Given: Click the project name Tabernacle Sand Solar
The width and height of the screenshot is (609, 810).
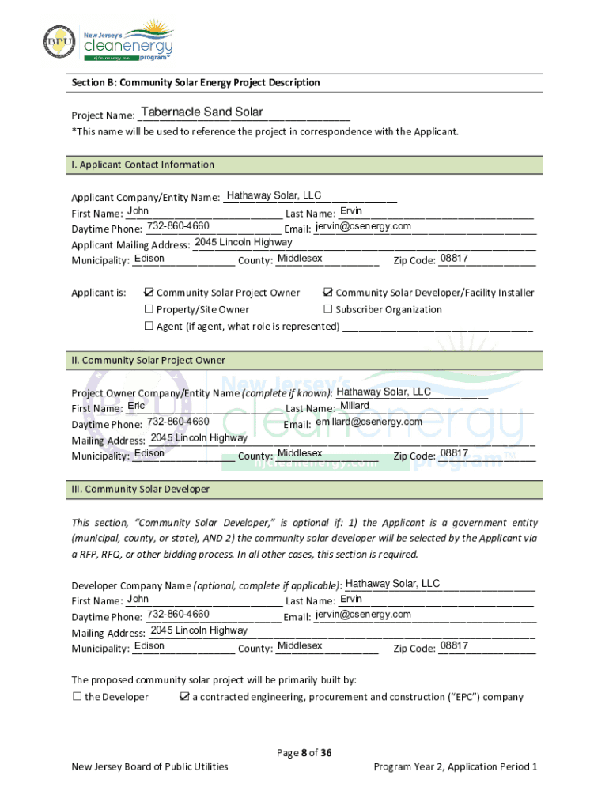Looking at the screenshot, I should coord(201,112).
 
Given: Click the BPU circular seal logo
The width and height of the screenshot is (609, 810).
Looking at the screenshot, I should coord(59,43).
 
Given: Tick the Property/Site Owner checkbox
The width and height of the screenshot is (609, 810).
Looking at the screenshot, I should coord(148,309).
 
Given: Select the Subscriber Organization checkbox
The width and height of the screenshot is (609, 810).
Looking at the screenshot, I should coord(327,309).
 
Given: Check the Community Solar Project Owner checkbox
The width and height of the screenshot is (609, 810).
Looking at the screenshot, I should coord(148,293).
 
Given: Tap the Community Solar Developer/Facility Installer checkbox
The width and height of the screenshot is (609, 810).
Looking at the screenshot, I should coord(327,293).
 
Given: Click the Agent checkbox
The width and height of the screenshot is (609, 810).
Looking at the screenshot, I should coord(148,326).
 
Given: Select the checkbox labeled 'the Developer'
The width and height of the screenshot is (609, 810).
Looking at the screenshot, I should coord(78,697).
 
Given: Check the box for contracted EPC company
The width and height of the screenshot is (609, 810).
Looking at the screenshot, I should coord(184,697).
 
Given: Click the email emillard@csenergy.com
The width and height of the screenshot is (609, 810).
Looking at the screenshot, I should coord(369,422).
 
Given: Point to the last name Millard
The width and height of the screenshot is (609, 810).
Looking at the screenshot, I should coord(354,406).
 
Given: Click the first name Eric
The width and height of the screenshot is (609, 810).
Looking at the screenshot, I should coord(136,406).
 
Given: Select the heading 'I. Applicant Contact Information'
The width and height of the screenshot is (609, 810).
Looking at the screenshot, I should coord(143,165).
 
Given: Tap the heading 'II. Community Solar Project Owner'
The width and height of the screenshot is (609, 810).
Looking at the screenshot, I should coord(148,361).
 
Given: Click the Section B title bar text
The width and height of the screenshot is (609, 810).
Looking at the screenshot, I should coord(196,83).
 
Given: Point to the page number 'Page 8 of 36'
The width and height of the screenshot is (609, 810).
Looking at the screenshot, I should coord(304,752).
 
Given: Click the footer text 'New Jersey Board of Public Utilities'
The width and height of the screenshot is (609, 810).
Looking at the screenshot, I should coord(149,766).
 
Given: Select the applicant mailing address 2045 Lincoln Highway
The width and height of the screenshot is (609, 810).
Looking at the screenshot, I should coord(244,242).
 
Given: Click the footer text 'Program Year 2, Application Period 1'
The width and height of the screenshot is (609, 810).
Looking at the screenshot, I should coord(456,766).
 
